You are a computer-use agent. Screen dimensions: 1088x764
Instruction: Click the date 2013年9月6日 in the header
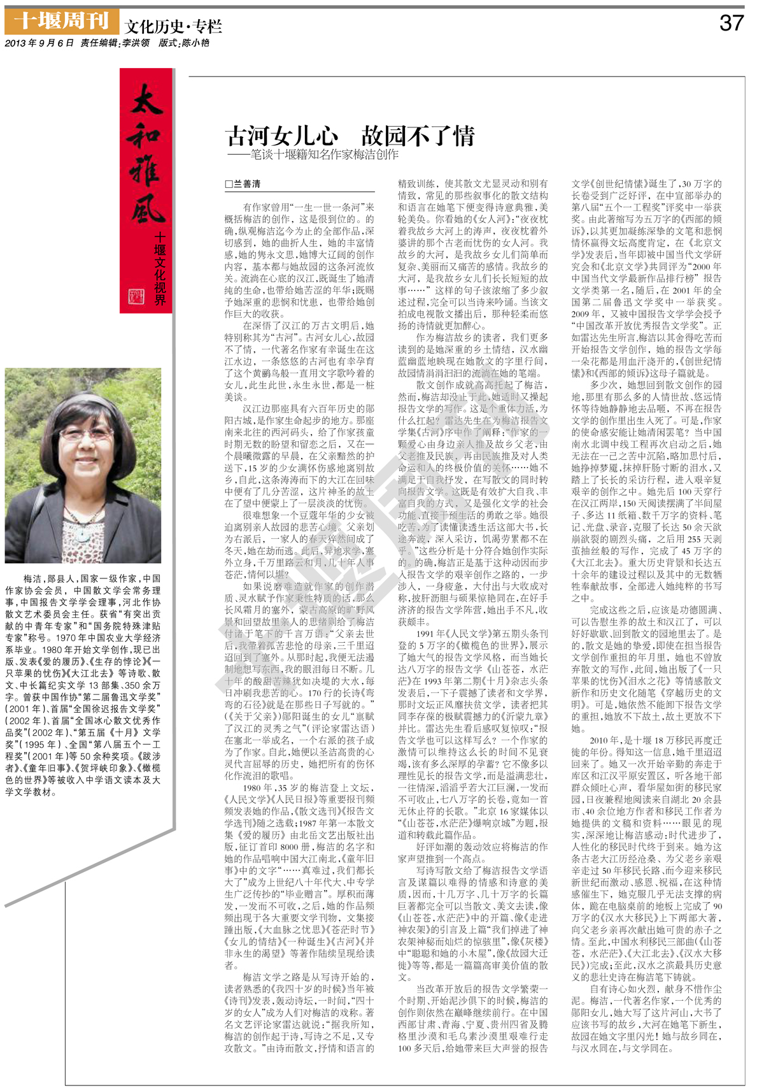point(39,43)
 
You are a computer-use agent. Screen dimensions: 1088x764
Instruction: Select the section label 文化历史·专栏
point(173,27)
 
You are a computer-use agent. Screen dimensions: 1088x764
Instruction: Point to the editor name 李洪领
point(136,43)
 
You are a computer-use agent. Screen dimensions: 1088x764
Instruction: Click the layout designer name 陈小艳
point(195,43)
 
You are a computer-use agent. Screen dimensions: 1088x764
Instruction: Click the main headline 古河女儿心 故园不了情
point(350,136)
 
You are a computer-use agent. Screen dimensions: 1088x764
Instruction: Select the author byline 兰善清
point(248,184)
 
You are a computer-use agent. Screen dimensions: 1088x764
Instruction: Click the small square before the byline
point(229,185)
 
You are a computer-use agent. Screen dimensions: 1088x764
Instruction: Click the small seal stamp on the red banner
point(136,296)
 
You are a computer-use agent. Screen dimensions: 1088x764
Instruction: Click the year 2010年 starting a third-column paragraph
point(603,740)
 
